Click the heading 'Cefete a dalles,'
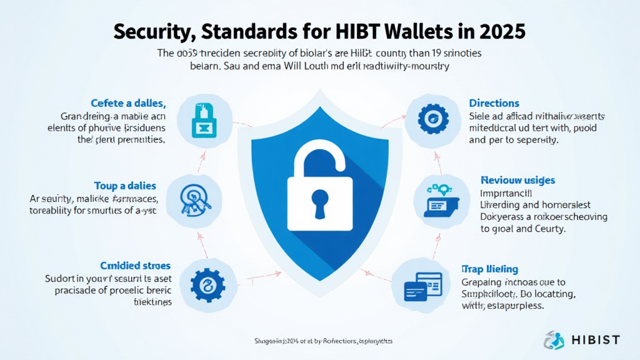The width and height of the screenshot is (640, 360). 127,102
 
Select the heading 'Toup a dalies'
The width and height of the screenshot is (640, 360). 125,186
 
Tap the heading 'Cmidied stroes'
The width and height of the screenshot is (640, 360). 136,266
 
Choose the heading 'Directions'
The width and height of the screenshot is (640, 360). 494,102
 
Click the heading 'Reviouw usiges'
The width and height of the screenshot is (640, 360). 517,181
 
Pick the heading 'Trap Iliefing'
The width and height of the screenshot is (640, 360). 489,269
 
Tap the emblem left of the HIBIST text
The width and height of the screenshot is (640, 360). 554,340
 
